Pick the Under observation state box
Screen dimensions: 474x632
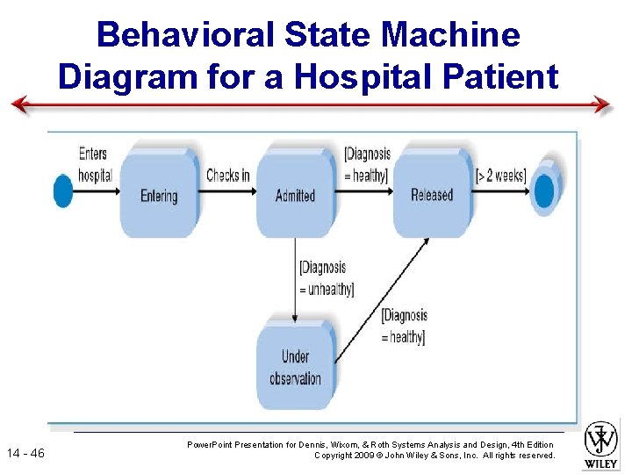click(x=295, y=367)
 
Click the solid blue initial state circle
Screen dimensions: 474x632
click(x=63, y=190)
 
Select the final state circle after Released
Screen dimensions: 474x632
click(x=544, y=190)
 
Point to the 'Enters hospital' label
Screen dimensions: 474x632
click(x=95, y=164)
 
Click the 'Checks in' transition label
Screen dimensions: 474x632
click(x=227, y=175)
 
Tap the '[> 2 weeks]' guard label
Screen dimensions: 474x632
click(x=501, y=175)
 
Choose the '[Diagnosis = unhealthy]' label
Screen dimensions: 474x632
click(x=326, y=277)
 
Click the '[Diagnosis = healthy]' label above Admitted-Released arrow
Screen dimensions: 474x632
click(x=367, y=164)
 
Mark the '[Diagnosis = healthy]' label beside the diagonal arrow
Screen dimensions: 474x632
click(x=404, y=326)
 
